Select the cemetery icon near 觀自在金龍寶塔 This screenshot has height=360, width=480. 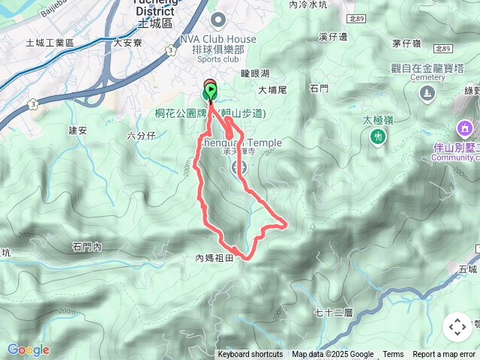[427, 93]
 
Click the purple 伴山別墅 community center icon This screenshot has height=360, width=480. [465, 128]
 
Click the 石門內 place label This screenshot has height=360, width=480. [92, 246]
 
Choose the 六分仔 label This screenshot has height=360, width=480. [141, 136]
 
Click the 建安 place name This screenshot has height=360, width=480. [78, 130]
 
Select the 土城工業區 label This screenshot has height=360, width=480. [49, 43]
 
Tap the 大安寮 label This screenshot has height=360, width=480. [127, 43]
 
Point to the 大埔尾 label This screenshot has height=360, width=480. [272, 90]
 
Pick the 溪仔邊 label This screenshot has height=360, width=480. [332, 36]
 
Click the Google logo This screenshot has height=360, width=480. [28, 349]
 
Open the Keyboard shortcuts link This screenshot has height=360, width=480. [250, 355]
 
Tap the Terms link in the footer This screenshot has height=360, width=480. [393, 355]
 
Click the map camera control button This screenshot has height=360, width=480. [457, 327]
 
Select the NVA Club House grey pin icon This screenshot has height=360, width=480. [218, 20]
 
